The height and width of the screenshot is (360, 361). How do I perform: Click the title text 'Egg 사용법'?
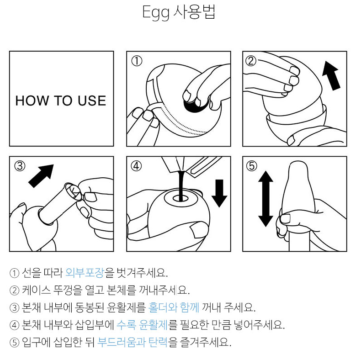(x=179, y=12)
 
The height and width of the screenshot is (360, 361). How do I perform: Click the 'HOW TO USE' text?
(x=61, y=101)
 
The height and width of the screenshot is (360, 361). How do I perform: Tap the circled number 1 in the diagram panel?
(x=137, y=61)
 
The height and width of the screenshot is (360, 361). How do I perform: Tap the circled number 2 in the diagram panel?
(x=251, y=61)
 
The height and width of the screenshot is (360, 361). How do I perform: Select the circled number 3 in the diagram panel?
(x=20, y=166)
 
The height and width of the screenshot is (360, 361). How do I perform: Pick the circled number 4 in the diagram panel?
(x=136, y=166)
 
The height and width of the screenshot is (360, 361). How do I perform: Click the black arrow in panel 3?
(x=41, y=176)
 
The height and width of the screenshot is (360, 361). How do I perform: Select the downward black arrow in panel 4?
(x=219, y=193)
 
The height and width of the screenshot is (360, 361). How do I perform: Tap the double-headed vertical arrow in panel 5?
(x=265, y=199)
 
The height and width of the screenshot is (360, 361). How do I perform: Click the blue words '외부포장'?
(x=85, y=273)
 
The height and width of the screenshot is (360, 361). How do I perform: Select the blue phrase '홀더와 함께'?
(x=174, y=307)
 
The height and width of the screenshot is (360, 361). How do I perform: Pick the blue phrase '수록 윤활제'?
(x=142, y=324)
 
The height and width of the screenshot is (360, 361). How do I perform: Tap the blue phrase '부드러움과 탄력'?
(x=133, y=342)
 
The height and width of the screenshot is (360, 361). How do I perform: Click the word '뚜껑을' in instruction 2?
(x=68, y=290)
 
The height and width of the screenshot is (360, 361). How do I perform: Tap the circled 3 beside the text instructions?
(x=14, y=308)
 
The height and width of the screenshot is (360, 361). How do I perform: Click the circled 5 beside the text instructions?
(x=14, y=343)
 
